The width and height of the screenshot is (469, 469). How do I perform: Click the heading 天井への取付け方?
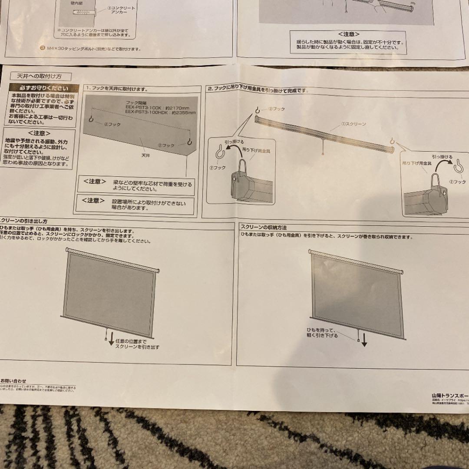point(39,76)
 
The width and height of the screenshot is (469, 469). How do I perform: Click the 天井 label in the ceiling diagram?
point(145,154)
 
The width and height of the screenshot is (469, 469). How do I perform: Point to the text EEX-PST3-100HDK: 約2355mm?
point(160,112)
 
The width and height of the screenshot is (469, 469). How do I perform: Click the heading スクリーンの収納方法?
point(264,228)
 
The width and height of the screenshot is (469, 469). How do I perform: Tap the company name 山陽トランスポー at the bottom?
point(450,395)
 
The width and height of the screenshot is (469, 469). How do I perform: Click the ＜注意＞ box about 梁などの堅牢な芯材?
point(137,185)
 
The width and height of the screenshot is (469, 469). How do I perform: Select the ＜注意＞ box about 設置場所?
point(137,204)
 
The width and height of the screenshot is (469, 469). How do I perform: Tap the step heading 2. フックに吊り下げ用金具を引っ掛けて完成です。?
point(258,89)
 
